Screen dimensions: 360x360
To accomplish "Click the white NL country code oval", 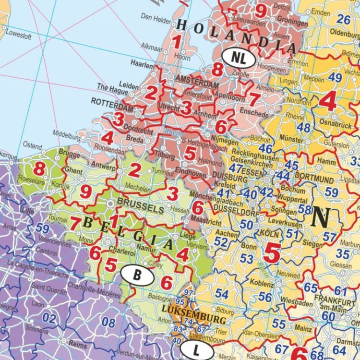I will (x=239, y=57).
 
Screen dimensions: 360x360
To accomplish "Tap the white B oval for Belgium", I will (x=137, y=275).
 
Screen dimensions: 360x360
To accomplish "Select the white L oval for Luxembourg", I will (x=196, y=348).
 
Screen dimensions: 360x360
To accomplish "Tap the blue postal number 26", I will (x=343, y=19).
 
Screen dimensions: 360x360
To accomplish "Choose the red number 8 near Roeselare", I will (x=39, y=168).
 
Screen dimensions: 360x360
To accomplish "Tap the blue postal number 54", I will (x=222, y=293).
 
